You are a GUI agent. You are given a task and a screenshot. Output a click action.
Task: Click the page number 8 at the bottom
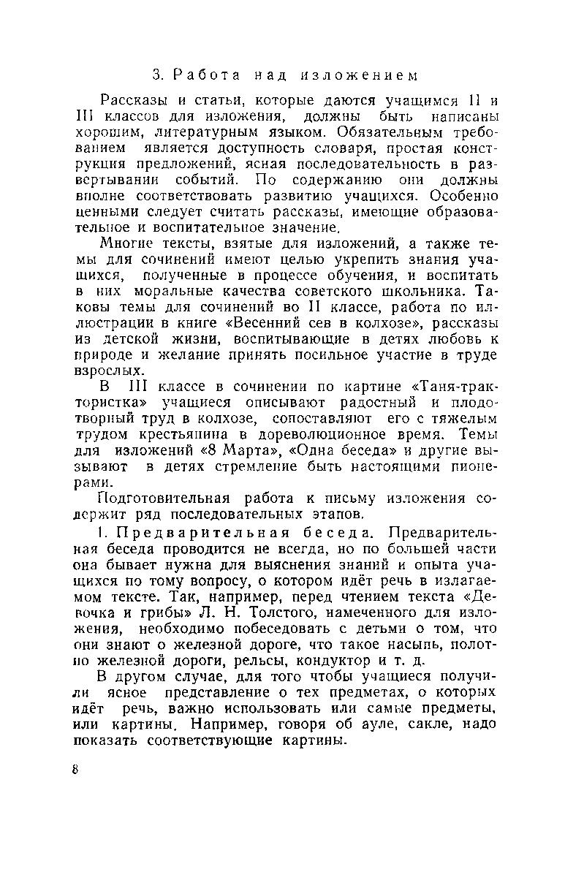[75, 773]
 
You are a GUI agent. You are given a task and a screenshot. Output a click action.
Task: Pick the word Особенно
[464, 197]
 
